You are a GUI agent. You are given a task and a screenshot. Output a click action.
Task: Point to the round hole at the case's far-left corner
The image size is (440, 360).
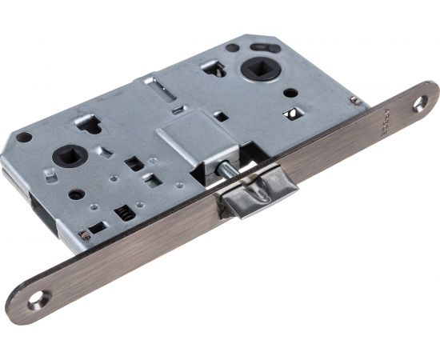[28, 137]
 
